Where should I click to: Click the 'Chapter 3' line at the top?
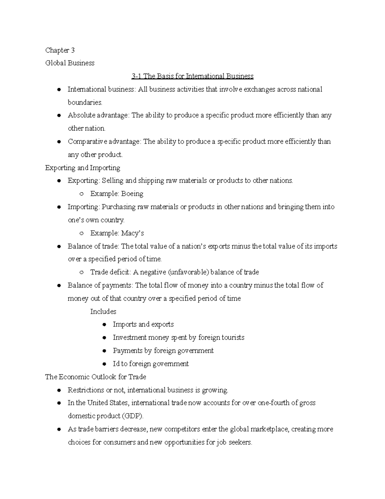click(x=60, y=50)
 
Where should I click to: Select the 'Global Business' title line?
click(x=70, y=63)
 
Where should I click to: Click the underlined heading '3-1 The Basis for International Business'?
click(x=192, y=76)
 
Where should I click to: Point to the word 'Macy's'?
click(x=133, y=233)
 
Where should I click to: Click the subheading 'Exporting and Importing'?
click(x=83, y=168)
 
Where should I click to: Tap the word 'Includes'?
click(x=103, y=312)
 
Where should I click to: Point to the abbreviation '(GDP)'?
click(x=133, y=416)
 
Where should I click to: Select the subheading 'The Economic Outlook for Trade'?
click(x=96, y=377)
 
